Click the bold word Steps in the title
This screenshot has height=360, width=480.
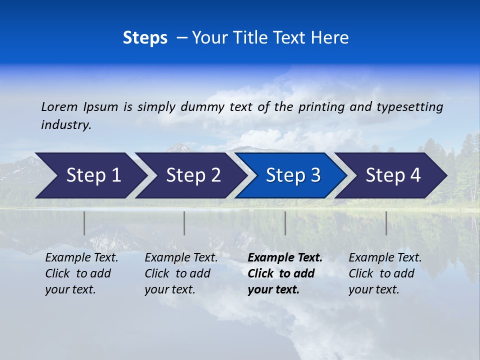[145, 38]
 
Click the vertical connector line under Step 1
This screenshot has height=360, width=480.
[84, 223]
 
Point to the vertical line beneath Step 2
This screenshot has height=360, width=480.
[184, 223]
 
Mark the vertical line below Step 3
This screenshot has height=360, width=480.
[285, 223]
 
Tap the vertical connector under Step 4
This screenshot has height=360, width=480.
[386, 223]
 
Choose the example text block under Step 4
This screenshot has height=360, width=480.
[385, 273]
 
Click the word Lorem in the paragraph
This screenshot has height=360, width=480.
[59, 107]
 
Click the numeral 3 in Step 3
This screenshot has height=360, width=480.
[315, 175]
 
